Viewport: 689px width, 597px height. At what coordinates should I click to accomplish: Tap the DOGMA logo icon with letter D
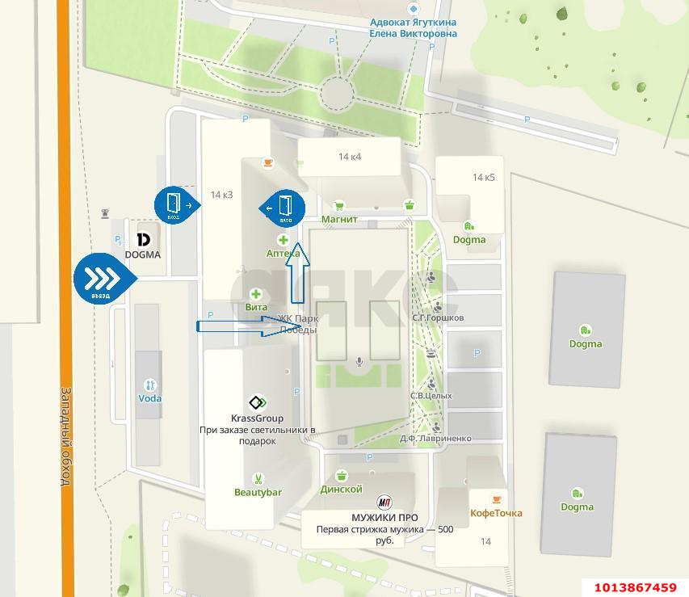143,240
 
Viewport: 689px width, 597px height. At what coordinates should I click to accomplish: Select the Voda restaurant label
149,398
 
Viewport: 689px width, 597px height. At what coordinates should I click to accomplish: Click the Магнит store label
340,219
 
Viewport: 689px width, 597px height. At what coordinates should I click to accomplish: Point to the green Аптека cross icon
284,240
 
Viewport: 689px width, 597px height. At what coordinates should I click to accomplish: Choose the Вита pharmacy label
256,307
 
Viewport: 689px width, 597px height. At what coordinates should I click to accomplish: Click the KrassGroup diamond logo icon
257,402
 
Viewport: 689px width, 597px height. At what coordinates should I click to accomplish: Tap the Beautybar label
258,492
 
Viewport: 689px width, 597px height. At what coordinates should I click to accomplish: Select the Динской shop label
341,489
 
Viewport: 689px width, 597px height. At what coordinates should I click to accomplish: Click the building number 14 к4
350,157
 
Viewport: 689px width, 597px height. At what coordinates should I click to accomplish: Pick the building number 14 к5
484,177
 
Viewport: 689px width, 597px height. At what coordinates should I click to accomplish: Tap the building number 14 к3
221,195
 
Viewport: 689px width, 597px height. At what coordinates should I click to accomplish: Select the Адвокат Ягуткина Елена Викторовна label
413,28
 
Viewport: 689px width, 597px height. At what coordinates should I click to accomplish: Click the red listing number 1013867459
635,587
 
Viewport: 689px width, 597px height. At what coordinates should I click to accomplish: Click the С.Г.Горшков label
437,317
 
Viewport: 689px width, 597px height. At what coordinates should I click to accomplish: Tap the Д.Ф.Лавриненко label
435,439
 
